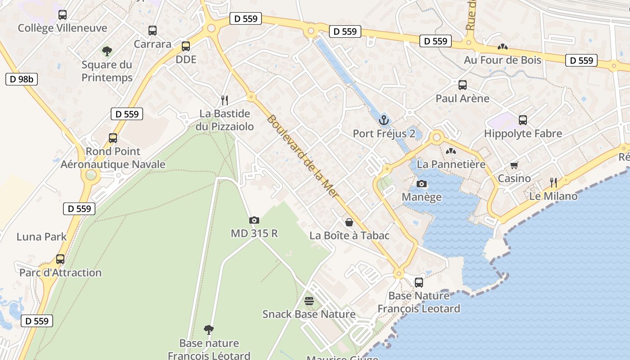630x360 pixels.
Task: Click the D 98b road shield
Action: click(x=21, y=79)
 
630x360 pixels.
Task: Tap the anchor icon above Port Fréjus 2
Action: click(x=384, y=120)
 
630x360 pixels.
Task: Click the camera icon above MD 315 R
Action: click(x=254, y=220)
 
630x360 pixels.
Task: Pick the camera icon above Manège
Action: click(x=422, y=184)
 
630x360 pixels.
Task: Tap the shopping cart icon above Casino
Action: click(x=514, y=165)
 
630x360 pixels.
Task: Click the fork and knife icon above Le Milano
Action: click(x=553, y=182)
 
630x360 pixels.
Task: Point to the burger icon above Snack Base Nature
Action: click(x=309, y=301)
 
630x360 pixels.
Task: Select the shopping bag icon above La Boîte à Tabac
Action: click(x=349, y=222)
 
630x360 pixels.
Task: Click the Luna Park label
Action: click(x=41, y=237)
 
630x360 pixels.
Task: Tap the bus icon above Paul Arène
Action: click(x=462, y=85)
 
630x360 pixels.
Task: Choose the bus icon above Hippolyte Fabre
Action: click(x=523, y=120)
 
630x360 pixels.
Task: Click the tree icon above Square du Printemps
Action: click(x=107, y=51)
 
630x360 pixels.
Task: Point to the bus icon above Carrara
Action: click(x=153, y=31)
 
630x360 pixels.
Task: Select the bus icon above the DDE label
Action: click(x=186, y=46)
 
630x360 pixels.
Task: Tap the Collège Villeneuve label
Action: click(x=63, y=28)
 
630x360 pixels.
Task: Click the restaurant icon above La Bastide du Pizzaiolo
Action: click(x=225, y=100)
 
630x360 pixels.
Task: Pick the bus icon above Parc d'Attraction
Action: click(x=60, y=259)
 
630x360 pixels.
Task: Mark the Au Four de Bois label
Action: click(x=503, y=59)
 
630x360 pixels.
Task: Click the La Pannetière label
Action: click(x=451, y=164)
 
